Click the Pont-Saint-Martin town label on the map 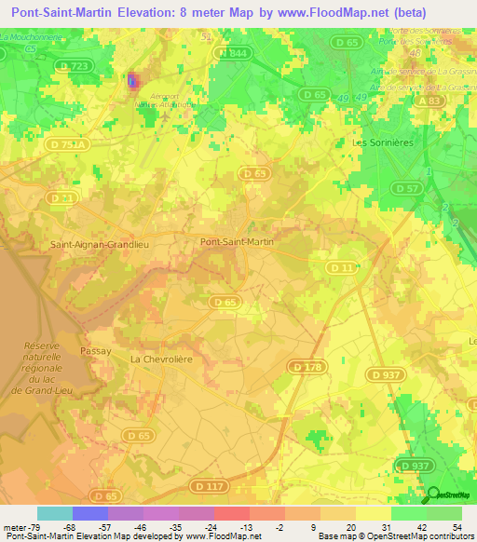coord(238,241)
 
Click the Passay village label coord(95,351)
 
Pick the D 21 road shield coord(62,198)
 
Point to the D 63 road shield coord(252,173)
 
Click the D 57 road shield coord(407,189)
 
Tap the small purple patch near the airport coord(132,82)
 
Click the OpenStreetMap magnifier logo coord(433,495)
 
